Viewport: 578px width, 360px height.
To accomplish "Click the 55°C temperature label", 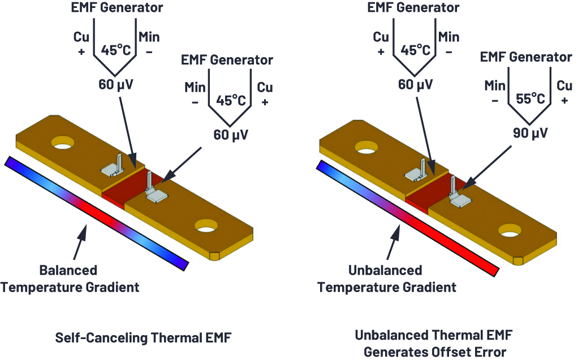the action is (x=530, y=99).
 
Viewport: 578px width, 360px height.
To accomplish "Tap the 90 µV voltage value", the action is (x=530, y=133).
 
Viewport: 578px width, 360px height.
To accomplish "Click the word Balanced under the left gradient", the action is (x=68, y=271).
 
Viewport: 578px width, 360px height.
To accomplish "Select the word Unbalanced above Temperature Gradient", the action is (x=385, y=271).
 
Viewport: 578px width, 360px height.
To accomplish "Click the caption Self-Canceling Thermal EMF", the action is (x=144, y=337).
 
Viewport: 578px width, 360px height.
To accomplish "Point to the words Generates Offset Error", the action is (x=435, y=352).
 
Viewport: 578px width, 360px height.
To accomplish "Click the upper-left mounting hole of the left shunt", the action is (x=63, y=143).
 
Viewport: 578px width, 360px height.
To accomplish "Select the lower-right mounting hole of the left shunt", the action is (x=206, y=226).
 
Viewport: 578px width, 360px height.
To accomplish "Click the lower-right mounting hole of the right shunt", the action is (x=510, y=230).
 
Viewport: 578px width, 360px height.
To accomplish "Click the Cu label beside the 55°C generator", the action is (x=564, y=86).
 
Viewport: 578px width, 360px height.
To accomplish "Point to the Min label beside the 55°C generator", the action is (x=495, y=86).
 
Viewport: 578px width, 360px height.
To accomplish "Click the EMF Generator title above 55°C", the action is (x=526, y=57).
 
